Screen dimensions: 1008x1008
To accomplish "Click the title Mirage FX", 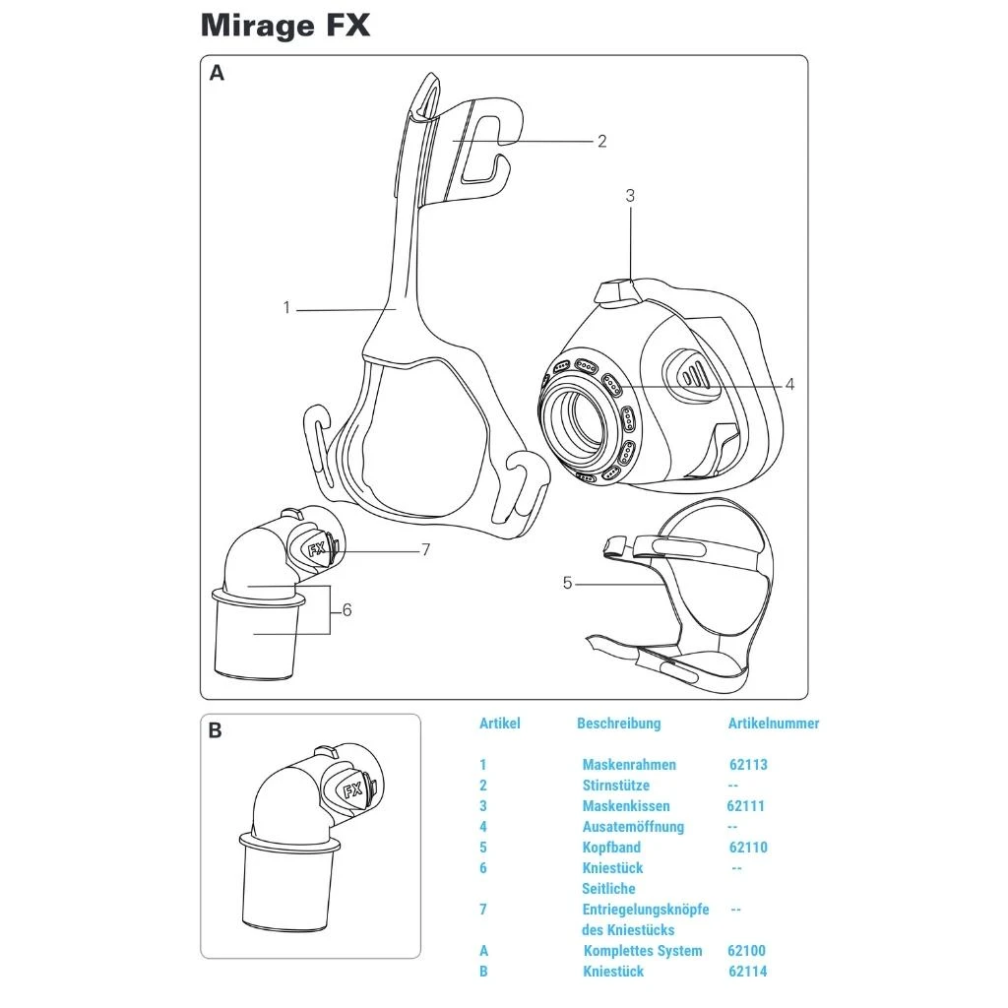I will (x=285, y=25).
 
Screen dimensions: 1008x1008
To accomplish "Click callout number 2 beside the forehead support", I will (x=602, y=141).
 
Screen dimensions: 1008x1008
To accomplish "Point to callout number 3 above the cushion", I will (x=630, y=196).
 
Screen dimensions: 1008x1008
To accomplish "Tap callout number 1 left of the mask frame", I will (x=286, y=308).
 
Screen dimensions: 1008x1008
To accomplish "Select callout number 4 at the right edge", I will (x=789, y=385).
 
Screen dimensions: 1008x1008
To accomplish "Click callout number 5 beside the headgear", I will (x=567, y=584).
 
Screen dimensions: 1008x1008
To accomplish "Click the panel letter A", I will (x=218, y=73).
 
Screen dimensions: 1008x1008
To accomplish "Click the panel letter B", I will (x=216, y=731).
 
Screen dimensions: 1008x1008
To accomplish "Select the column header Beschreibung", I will (x=618, y=724).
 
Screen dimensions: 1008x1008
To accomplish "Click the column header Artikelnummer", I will (x=773, y=724).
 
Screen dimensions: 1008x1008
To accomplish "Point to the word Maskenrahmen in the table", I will (x=629, y=765).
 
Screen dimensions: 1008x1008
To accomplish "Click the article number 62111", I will (x=745, y=806).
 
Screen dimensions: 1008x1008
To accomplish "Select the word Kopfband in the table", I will (x=611, y=848).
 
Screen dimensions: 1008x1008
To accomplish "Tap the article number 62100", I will (x=746, y=951).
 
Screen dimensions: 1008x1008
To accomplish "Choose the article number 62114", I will (x=748, y=972).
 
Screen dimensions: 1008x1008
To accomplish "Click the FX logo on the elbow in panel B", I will (x=352, y=789).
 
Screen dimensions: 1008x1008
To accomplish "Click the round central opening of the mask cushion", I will (x=582, y=417).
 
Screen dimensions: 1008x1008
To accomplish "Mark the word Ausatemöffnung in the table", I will (x=633, y=827).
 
